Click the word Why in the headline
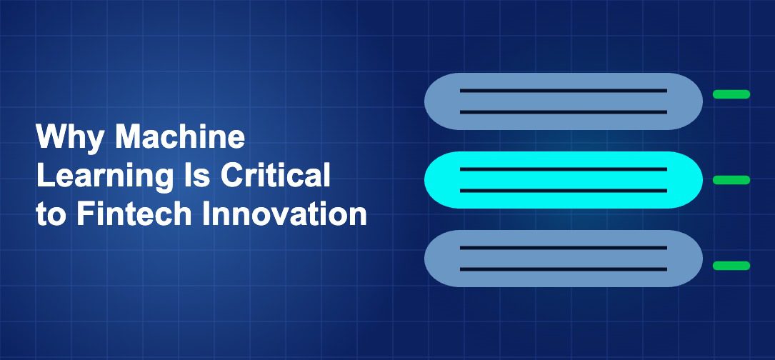[69, 137]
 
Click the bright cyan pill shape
[564, 180]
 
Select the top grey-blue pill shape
[564, 101]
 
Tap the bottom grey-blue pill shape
[564, 259]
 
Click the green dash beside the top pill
[731, 94]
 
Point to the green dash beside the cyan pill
[731, 180]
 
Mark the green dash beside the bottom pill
[731, 266]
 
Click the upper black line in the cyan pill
[564, 169]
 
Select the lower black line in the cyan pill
[564, 191]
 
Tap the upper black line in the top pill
[564, 91]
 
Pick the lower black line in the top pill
[564, 112]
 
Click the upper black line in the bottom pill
[564, 248]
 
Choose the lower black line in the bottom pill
[564, 269]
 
